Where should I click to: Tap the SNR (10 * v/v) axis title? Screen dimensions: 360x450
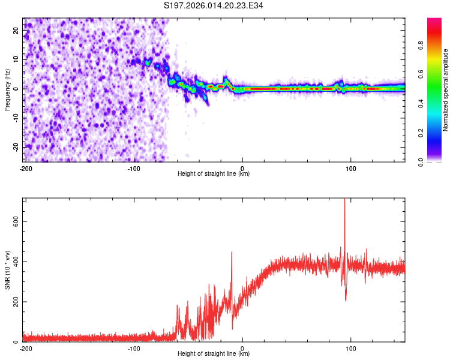point(7,270)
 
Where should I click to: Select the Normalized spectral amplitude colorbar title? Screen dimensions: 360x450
point(445,90)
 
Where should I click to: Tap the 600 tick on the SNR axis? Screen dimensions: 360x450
point(14,221)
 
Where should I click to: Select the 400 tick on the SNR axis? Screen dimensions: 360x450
point(14,262)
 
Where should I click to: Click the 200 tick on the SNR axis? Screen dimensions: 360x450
point(14,301)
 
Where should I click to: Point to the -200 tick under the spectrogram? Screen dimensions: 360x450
point(25,167)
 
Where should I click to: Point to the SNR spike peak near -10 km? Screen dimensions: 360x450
point(232,253)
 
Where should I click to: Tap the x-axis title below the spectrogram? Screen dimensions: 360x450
point(214,174)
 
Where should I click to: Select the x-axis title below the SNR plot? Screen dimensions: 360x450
point(214,354)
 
